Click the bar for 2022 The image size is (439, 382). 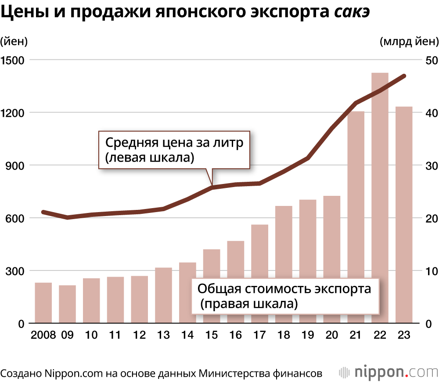pyautogui.click(x=380, y=198)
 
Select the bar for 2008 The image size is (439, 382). pyautogui.click(x=43, y=303)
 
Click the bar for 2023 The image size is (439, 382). pyautogui.click(x=404, y=215)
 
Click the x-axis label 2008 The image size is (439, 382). pyautogui.click(x=43, y=335)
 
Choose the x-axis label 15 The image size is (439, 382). pyautogui.click(x=211, y=335)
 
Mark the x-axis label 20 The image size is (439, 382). pyautogui.click(x=332, y=335)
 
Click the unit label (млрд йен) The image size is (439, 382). pyautogui.click(x=408, y=42)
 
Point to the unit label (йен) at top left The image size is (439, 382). pyautogui.click(x=14, y=42)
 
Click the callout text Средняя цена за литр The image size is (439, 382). pyautogui.click(x=174, y=143)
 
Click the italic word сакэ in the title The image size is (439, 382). pyautogui.click(x=352, y=13)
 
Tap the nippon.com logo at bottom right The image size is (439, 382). pyautogui.click(x=388, y=372)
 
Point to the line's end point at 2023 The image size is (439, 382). pyautogui.click(x=404, y=76)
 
